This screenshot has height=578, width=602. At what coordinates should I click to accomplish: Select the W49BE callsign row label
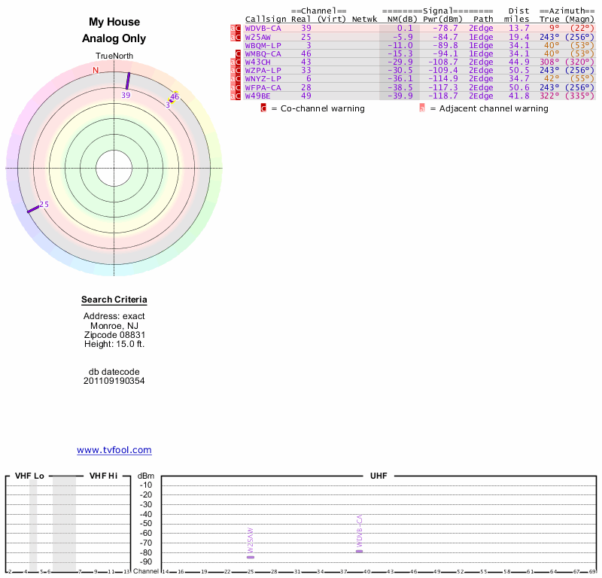tap(257, 96)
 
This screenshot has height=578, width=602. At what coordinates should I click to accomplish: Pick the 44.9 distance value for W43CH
tap(519, 62)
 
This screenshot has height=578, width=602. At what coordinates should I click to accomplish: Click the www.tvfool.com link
tap(114, 450)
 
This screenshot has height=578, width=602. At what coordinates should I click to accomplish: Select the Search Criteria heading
tap(114, 300)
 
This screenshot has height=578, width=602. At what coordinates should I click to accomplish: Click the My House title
tap(114, 23)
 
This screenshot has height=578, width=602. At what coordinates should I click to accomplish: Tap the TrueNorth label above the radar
tap(114, 56)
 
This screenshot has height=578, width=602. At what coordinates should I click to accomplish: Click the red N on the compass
tap(96, 71)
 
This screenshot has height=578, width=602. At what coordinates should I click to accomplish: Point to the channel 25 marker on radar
tap(33, 208)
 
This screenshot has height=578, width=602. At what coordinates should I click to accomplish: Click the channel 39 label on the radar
tap(126, 96)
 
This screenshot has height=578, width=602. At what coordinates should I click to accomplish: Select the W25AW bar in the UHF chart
tap(251, 557)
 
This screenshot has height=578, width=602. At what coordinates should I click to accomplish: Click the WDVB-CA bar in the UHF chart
tap(360, 552)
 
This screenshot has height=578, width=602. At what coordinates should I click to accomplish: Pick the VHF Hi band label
tap(103, 476)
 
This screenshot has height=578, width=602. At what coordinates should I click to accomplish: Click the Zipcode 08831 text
tap(114, 335)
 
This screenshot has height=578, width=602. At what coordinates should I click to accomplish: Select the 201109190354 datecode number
tap(114, 381)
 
